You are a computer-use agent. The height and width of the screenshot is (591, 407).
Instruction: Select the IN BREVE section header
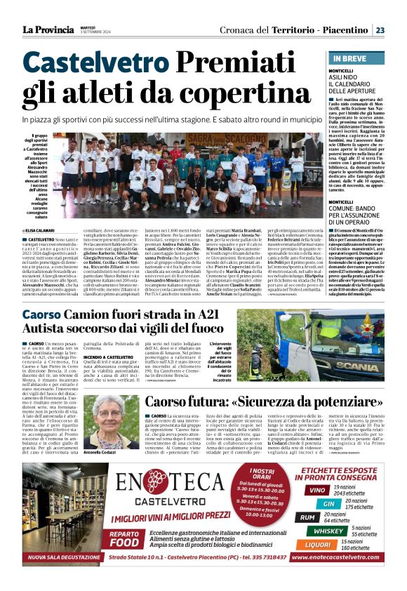tap(350, 58)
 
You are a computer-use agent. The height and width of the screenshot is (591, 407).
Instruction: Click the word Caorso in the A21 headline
tap(46, 315)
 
